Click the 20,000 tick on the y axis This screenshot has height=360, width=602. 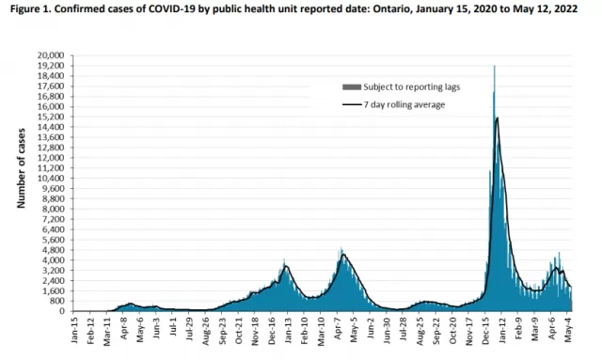50,55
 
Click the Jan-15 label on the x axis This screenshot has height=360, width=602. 74,329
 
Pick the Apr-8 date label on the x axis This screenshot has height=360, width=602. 123,328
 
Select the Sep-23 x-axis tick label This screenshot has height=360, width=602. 222,330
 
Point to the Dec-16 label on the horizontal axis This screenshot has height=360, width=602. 272,330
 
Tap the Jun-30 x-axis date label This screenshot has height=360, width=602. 387,330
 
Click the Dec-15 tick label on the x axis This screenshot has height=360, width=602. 485,330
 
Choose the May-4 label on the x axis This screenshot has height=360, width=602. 568,329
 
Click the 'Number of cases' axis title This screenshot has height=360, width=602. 21,168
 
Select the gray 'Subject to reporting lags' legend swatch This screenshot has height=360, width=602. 352,87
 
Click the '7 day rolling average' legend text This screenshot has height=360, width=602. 404,104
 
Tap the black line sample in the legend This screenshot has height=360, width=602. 352,104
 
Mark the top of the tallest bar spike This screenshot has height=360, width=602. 494,66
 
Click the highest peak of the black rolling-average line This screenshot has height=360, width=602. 498,117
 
